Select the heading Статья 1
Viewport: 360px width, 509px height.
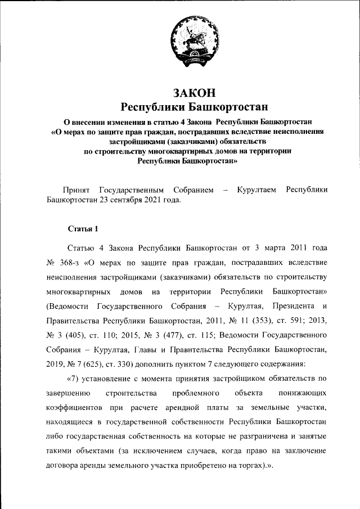83,228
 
